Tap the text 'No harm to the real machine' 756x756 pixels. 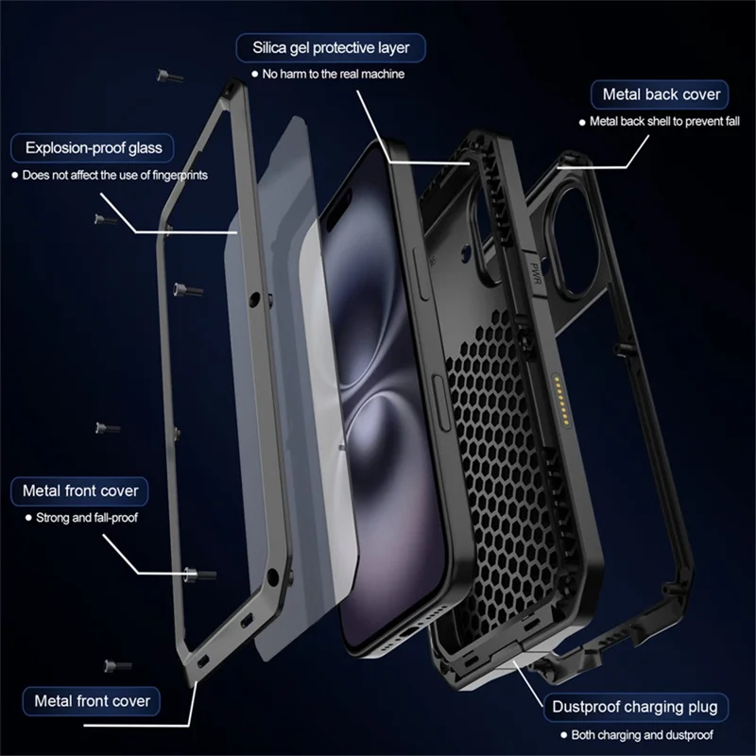tap(333, 74)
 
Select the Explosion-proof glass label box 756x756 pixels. tap(94, 147)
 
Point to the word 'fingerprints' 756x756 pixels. tap(175, 175)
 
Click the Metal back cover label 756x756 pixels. tap(661, 94)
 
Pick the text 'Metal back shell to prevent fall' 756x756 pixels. tap(662, 121)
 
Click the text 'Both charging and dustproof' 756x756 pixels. tap(641, 734)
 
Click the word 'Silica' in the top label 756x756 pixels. tap(273, 46)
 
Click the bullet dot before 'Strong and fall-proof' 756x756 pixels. tap(27, 518)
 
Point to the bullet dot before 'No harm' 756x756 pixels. tap(255, 74)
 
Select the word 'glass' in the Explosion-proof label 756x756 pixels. tap(144, 147)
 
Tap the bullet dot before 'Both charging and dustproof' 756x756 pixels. tap(561, 734)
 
